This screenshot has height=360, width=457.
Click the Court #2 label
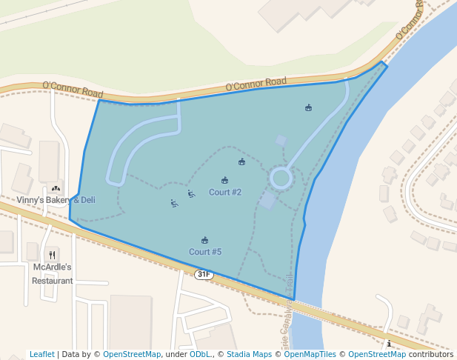click(225, 193)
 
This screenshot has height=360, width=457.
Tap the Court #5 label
click(205, 252)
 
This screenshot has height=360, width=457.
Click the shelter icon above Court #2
click(225, 180)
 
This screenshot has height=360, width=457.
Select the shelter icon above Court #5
click(205, 240)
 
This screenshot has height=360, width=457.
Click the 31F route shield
click(204, 275)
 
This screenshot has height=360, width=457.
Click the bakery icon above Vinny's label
click(56, 189)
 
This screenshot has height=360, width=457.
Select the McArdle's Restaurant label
click(53, 273)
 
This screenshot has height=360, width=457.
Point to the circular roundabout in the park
click(281, 178)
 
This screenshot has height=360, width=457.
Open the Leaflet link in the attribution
click(41, 354)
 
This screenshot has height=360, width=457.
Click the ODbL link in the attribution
click(200, 354)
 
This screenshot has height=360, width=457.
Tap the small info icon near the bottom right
click(389, 344)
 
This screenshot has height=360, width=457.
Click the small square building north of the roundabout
click(281, 140)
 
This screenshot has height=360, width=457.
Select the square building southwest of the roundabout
click(268, 200)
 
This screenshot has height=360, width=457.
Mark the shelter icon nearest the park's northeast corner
click(308, 108)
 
